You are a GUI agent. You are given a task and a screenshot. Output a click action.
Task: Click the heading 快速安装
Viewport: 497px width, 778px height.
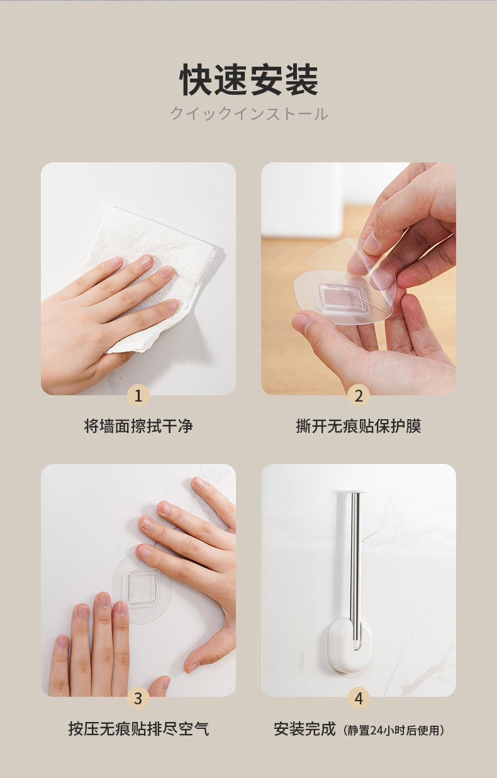click(x=248, y=79)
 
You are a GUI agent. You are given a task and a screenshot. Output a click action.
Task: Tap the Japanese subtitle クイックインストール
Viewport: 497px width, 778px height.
click(x=249, y=114)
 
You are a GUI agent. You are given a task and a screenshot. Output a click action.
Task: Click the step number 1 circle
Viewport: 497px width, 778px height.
click(x=138, y=395)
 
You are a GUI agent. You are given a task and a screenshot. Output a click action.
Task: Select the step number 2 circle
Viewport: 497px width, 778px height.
click(x=359, y=395)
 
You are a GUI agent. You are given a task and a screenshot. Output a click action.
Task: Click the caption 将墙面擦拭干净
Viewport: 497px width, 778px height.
click(x=138, y=426)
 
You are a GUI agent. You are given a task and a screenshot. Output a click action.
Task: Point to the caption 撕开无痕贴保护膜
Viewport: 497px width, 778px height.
click(x=359, y=426)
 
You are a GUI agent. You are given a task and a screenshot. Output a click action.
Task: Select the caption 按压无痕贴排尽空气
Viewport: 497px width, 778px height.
click(x=138, y=729)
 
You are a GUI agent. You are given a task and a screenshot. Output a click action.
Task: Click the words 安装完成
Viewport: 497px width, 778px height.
click(x=304, y=729)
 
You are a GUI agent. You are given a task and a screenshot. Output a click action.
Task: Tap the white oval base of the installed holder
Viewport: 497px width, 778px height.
click(x=350, y=644)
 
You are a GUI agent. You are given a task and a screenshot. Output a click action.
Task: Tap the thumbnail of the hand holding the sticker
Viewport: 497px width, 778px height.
click(x=359, y=279)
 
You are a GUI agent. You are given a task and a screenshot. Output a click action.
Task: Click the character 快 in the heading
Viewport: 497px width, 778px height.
click(x=196, y=79)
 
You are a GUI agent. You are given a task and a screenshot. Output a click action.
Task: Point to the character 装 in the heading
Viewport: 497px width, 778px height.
click(x=301, y=79)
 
